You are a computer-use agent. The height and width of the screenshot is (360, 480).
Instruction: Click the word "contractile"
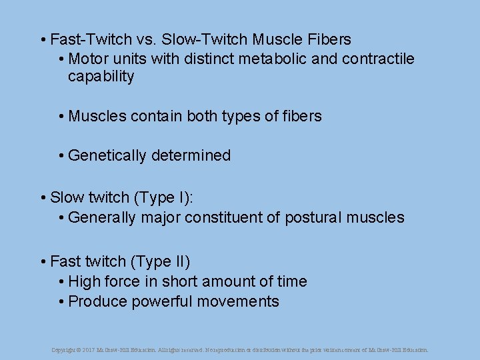pos(378,59)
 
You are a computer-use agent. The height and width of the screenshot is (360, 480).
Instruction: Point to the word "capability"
pos(101,77)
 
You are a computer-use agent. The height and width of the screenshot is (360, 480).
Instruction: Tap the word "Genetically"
pos(107,156)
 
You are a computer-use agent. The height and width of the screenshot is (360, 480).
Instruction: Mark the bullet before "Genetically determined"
pos(61,156)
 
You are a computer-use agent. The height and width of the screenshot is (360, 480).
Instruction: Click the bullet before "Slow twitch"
pos(43,198)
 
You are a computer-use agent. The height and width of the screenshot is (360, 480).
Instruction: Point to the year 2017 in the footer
pos(89,349)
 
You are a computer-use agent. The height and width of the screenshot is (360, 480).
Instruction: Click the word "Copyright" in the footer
pos(63,349)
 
